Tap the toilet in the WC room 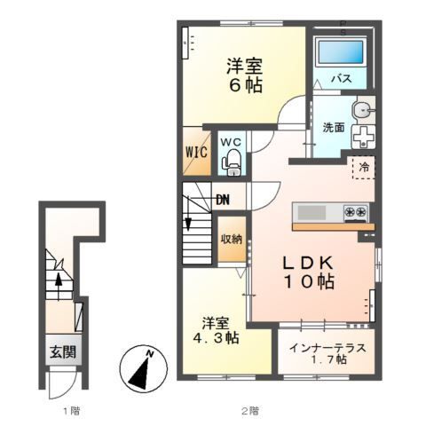coord(232,161)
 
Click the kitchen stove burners coord(357,212)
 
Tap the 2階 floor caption coord(251,410)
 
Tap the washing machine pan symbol coord(365,137)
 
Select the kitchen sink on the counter coord(312,212)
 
